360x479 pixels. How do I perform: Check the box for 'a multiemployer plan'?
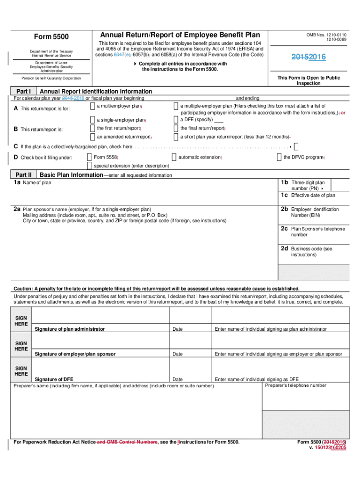click(92, 107)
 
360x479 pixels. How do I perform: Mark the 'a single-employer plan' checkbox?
click(92, 120)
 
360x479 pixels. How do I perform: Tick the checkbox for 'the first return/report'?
click(92, 128)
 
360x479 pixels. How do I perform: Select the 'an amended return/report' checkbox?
click(92, 137)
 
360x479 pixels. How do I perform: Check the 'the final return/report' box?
click(176, 128)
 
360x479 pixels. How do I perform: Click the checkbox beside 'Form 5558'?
click(89, 157)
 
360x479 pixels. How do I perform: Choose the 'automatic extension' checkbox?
click(174, 157)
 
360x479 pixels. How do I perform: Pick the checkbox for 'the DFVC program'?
click(279, 157)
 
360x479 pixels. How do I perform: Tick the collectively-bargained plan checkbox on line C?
click(296, 147)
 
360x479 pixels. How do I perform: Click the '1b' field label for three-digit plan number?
click(284, 182)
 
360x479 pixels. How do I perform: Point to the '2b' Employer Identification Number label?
click(284, 209)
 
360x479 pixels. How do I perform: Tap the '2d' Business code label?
click(284, 249)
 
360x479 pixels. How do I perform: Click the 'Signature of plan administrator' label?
click(70, 329)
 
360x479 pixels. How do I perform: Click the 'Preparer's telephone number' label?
click(295, 385)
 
